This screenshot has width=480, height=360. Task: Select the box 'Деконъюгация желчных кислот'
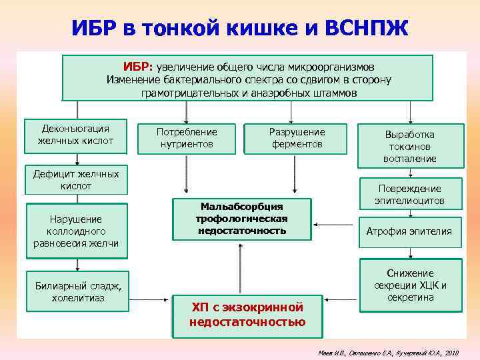click(75, 135)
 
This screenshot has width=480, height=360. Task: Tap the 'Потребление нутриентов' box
click(187, 138)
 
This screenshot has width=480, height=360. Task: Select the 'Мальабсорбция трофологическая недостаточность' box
click(241, 218)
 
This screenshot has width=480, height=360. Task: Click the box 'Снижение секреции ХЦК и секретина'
click(410, 285)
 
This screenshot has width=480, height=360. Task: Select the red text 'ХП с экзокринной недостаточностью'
click(247, 315)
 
